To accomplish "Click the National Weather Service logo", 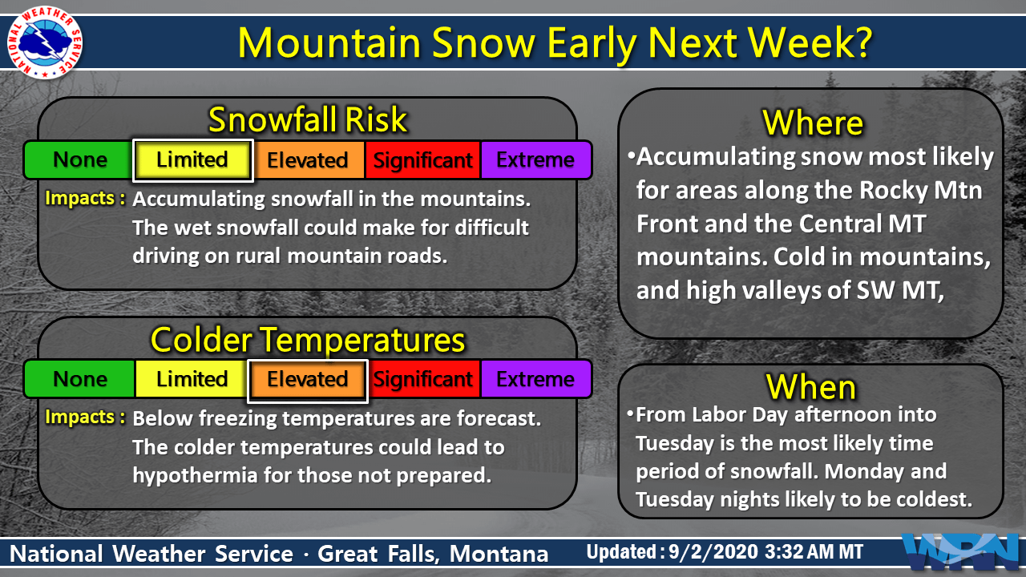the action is point(44,42).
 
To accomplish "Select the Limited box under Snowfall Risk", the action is point(192,160).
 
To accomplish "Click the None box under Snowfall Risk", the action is point(79,159).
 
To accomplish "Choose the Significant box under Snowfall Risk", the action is point(422,159).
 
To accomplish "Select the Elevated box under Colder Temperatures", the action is point(307,380).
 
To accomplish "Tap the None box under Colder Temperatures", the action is point(79,379).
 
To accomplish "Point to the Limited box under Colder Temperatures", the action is point(192,379).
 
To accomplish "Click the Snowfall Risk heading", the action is point(307,119).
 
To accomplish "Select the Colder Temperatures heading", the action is point(308,340).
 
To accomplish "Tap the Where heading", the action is point(813,123).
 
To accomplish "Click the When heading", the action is point(810,387).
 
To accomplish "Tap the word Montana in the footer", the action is point(499,554).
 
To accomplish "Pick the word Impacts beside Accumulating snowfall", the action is point(79,198).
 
